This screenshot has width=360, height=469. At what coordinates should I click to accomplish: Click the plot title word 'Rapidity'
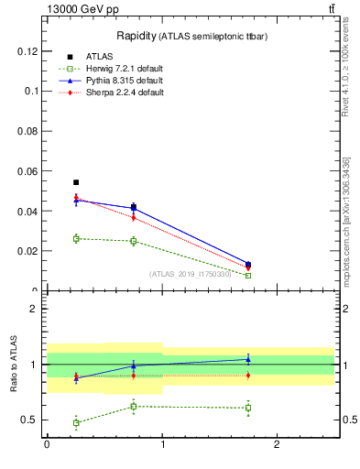(x=136, y=36)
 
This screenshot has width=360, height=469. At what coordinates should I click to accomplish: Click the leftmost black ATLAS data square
(x=76, y=182)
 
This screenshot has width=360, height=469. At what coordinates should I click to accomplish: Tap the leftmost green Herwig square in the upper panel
(x=76, y=238)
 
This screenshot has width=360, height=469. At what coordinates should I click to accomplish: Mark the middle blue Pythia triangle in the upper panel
(x=134, y=208)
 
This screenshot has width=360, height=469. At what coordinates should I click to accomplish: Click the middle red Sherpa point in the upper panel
(x=134, y=217)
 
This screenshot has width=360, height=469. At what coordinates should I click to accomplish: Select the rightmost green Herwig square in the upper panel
(x=248, y=275)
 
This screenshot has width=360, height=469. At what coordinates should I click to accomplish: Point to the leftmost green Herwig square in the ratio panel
(x=76, y=422)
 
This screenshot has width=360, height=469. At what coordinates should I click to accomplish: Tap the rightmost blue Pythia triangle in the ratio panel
(x=248, y=359)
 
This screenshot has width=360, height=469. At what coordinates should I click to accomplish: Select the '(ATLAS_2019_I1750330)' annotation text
(x=191, y=273)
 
